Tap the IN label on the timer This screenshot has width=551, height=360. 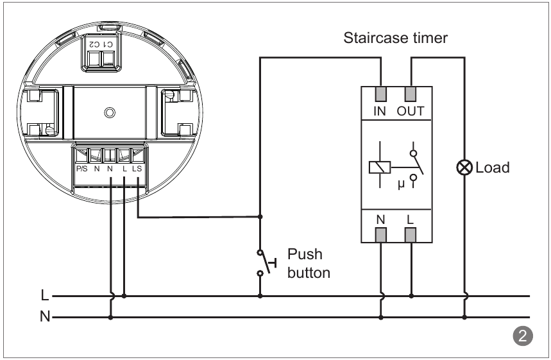tap(381, 111)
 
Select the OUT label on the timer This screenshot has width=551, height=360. tap(411, 111)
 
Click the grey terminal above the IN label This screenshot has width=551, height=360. tap(381, 94)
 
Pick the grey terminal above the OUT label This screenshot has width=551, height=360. tap(411, 94)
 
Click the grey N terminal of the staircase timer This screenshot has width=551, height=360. tap(381, 234)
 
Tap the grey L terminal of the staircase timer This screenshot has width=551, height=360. tap(411, 234)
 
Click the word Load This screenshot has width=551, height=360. tap(492, 168)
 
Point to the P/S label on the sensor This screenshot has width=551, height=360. tap(81, 169)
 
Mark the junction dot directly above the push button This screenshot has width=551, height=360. tap(260, 216)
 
